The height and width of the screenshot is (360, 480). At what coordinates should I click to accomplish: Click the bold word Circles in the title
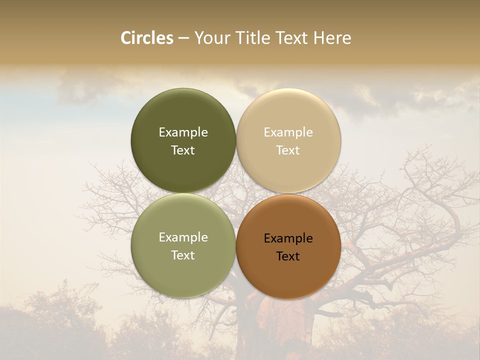[x=147, y=38]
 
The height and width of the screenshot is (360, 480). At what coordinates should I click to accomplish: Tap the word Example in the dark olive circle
[x=183, y=132]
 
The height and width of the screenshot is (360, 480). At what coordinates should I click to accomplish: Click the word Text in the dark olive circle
[x=183, y=150]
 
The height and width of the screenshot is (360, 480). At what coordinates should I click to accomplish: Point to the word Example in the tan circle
[x=288, y=132]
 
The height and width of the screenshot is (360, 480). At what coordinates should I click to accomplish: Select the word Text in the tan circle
[x=288, y=150]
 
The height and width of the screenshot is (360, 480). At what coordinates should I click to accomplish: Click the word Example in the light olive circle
[x=183, y=237]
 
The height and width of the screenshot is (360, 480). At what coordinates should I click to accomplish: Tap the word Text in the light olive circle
[x=183, y=255]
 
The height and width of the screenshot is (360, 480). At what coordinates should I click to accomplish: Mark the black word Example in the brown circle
[x=288, y=238]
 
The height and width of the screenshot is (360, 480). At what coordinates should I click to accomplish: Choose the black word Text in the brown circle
[x=288, y=256]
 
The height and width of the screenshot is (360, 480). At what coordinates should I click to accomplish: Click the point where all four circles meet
[x=236, y=193]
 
